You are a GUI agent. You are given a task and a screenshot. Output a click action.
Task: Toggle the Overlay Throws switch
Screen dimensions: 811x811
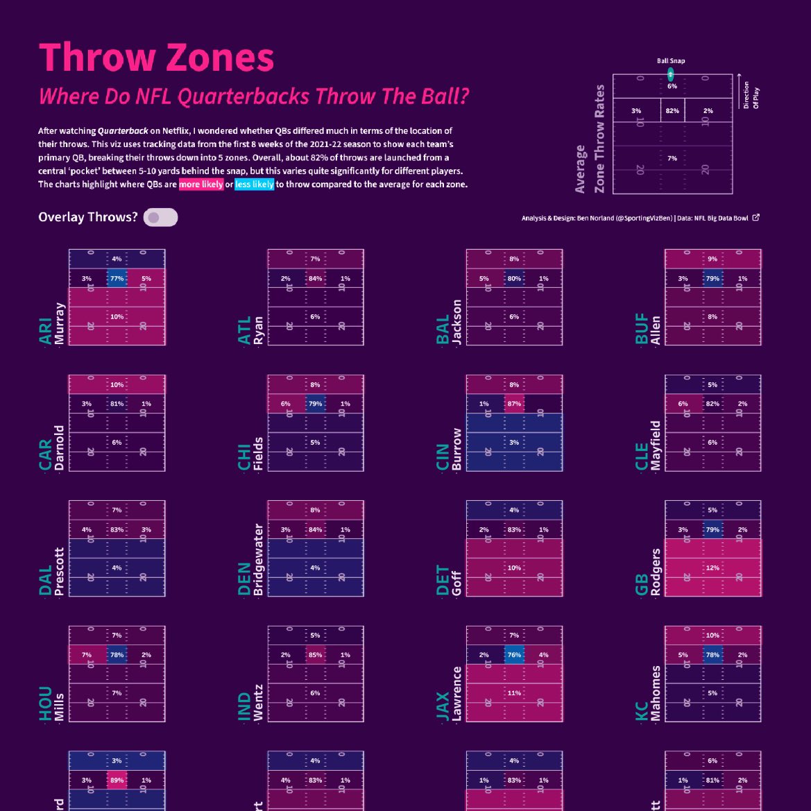tap(160, 218)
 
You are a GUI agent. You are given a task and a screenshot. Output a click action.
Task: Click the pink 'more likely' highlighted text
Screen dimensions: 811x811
tap(201, 185)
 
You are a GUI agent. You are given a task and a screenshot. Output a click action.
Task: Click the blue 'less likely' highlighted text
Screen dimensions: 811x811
tap(254, 185)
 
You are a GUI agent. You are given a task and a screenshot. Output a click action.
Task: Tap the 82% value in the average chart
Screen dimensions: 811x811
tap(672, 111)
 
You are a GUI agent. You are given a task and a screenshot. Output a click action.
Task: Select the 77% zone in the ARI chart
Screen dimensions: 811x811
tap(117, 279)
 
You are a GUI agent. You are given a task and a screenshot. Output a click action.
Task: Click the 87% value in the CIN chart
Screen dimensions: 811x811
tap(514, 404)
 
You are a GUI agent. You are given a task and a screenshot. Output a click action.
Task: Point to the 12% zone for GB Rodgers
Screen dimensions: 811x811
tap(712, 568)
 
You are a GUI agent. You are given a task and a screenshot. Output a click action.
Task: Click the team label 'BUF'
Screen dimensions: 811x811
tap(642, 329)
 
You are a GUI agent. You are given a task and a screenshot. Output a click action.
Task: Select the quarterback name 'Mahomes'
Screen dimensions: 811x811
tap(656, 693)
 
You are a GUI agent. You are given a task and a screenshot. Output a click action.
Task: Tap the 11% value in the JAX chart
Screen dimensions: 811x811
tap(514, 693)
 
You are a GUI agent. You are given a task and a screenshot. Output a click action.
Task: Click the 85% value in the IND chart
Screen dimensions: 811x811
tap(315, 655)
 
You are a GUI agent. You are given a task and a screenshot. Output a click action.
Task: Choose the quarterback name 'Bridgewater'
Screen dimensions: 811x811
tap(259, 560)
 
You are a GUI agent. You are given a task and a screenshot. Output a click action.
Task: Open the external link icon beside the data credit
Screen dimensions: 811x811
tap(756, 218)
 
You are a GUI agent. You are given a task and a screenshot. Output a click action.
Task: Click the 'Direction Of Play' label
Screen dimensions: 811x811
tap(750, 96)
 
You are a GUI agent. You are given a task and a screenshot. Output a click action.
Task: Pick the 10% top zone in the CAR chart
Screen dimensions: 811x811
tap(117, 384)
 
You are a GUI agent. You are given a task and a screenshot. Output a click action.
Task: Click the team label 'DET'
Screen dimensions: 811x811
tap(443, 580)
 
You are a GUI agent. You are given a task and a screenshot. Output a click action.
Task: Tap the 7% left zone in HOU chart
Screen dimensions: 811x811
tap(87, 655)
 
